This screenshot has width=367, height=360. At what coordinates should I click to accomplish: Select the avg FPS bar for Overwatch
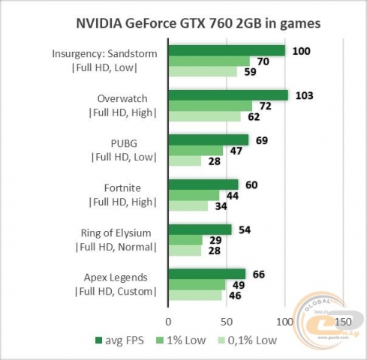coord(228,95)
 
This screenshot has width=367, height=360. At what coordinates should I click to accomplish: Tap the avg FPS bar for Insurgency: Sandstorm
coord(227,50)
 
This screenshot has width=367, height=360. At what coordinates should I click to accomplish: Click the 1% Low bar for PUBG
coord(196,151)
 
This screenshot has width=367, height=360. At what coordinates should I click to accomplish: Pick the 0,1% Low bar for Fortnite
coord(188,205)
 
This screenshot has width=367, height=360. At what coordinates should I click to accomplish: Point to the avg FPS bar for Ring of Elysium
coord(200,229)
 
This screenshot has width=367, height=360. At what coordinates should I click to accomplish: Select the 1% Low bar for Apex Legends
coord(197,285)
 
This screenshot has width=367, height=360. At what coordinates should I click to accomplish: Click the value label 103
coord(304,95)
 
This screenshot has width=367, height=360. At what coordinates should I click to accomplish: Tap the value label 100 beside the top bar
coord(300,50)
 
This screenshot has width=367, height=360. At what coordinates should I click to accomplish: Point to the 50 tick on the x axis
coord(227,321)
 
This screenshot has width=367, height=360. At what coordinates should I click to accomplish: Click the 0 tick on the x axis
coord(169,321)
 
